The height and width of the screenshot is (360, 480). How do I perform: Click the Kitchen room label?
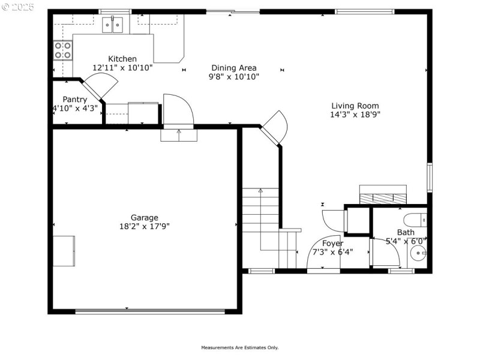coord(122,59)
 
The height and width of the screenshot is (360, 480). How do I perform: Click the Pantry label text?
coord(75,100)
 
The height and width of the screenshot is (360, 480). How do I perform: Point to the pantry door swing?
coord(95,88)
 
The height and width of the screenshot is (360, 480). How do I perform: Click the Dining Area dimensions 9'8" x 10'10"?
coord(234,77)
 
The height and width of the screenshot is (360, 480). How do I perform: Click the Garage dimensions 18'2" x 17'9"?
coord(145,227)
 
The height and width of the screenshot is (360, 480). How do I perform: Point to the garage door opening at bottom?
coord(150,311)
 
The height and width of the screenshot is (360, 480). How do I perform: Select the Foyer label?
coord(332,244)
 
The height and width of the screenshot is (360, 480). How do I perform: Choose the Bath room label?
coord(406,232)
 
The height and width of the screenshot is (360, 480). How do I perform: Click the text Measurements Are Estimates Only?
coord(240,347)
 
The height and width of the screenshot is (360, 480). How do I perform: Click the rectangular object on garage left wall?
coord(64,250)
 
